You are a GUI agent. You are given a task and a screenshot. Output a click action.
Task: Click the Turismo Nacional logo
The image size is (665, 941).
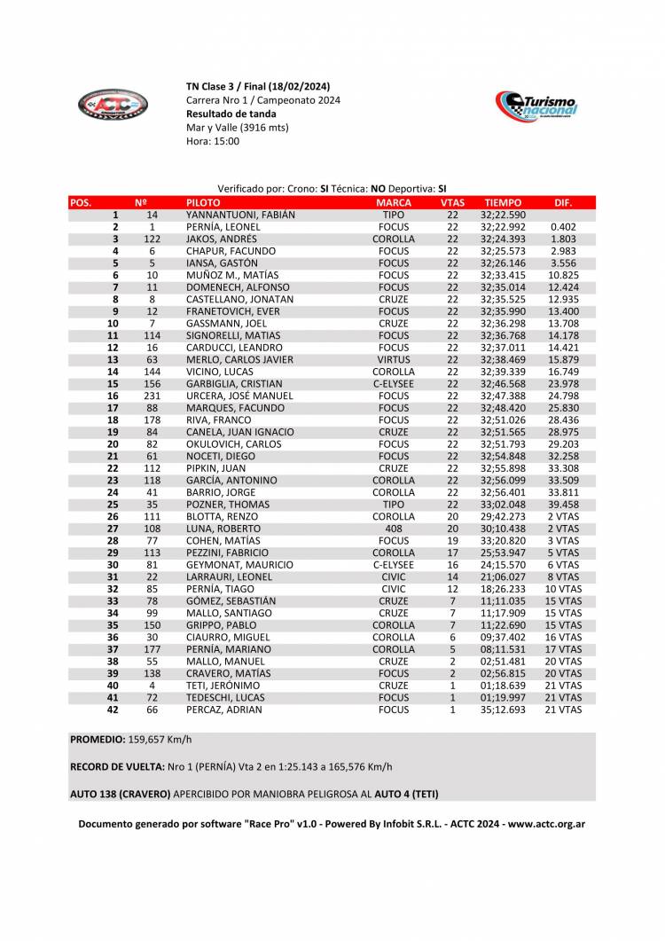536,107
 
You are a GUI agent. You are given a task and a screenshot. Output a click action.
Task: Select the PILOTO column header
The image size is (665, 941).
203,202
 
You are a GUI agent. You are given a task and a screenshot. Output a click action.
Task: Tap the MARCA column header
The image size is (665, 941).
394,202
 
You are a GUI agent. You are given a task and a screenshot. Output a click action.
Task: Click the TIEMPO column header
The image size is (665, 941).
503,202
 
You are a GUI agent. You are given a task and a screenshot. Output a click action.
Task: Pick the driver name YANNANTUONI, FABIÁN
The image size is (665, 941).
240,215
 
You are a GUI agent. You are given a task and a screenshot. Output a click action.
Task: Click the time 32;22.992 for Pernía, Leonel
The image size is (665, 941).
503,227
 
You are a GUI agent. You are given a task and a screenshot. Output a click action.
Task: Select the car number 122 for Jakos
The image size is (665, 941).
152,239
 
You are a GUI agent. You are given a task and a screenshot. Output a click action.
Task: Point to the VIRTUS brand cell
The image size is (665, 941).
394,360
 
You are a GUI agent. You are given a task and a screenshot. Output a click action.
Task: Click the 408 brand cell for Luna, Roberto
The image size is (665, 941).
394,529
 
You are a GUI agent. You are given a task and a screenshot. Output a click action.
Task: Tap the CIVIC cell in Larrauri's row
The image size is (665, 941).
394,576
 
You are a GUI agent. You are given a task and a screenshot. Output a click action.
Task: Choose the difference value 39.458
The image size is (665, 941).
563,505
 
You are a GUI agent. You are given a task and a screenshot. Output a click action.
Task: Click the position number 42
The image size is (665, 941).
113,710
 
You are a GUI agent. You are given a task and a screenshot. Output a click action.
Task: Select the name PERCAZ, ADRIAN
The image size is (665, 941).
223,710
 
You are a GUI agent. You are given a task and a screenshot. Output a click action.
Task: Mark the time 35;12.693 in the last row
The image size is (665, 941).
503,710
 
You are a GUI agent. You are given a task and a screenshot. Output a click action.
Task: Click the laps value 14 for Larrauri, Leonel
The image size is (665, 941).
452,576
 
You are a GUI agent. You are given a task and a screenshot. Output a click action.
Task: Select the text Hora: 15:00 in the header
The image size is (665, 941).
213,141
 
